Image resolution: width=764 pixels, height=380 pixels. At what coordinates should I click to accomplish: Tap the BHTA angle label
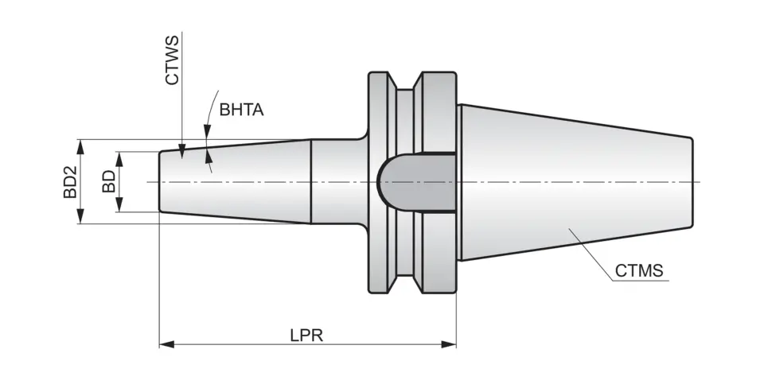[241, 111]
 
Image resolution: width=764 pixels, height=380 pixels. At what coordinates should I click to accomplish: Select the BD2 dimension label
[70, 181]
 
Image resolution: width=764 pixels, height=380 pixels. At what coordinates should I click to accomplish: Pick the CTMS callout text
[639, 271]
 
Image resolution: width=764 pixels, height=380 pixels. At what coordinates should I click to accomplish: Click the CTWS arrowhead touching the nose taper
[181, 149]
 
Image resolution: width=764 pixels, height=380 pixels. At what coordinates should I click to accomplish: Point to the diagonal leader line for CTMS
[592, 252]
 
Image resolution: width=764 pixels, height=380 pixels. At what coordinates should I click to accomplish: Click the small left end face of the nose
[160, 182]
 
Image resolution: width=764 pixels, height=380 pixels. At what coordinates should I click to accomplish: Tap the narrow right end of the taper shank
[692, 182]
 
